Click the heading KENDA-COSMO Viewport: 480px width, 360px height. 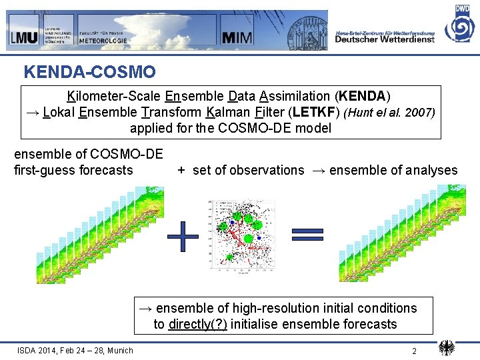click(x=89, y=71)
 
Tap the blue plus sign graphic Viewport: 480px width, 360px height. click(x=183, y=237)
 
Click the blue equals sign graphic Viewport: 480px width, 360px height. click(x=307, y=233)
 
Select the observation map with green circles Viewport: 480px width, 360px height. click(x=241, y=237)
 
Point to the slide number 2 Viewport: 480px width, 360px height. click(x=414, y=351)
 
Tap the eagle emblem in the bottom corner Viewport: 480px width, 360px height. click(x=447, y=348)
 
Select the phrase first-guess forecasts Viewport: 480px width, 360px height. click(x=73, y=170)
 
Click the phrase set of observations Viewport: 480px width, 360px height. click(x=248, y=170)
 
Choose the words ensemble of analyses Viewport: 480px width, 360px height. click(x=393, y=170)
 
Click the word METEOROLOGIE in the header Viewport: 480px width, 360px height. click(x=103, y=40)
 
